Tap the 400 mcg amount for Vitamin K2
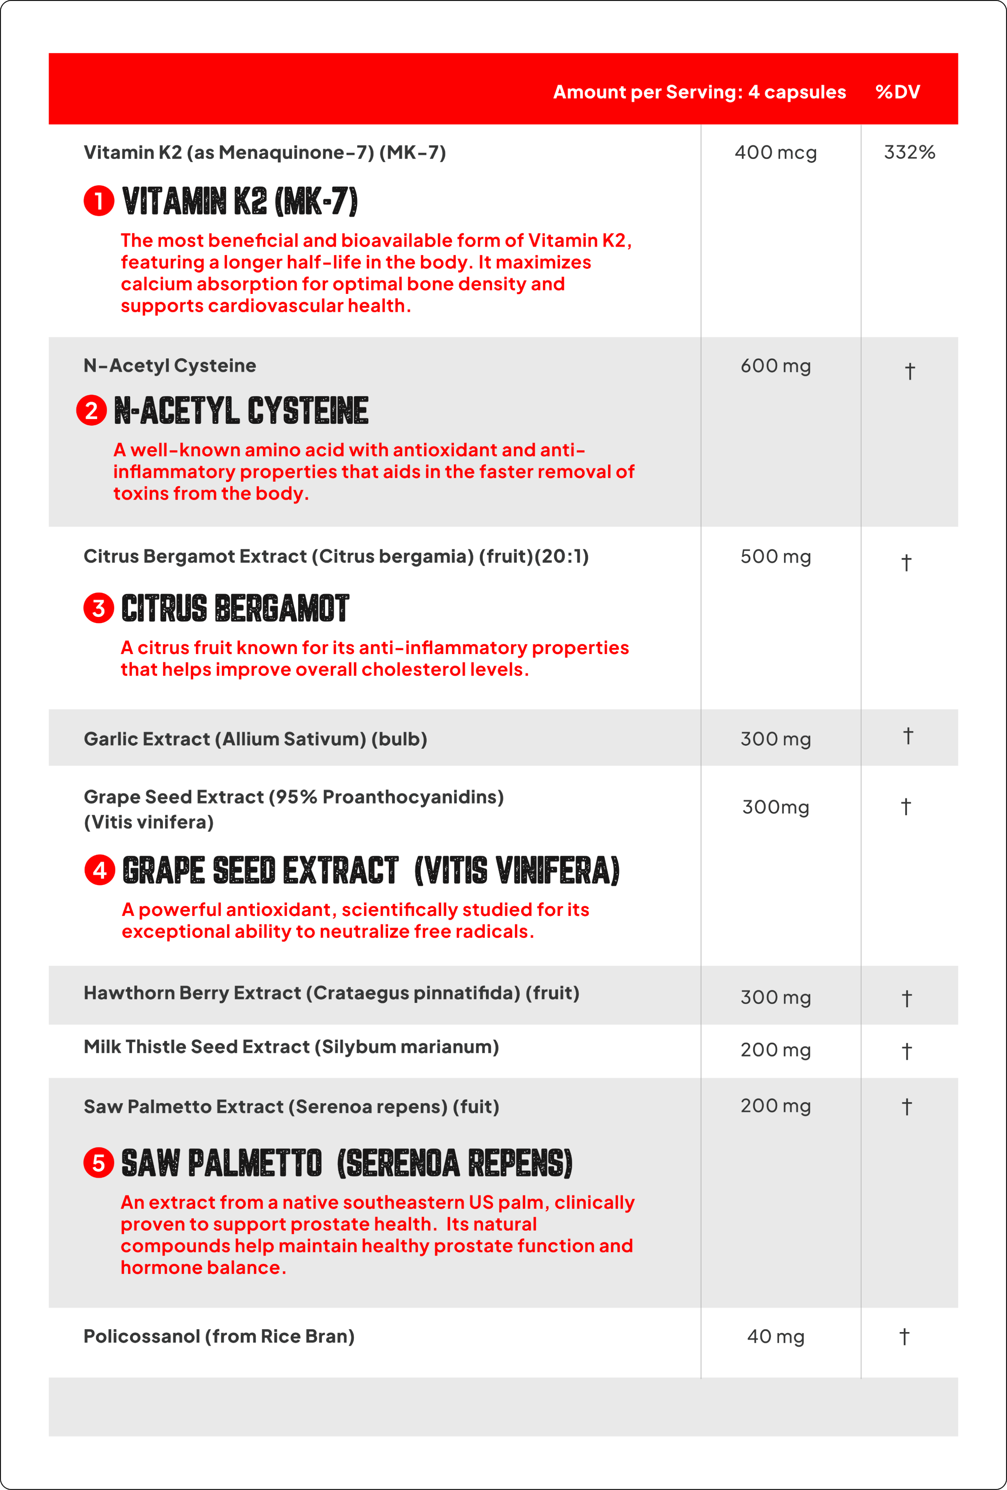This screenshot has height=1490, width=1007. click(776, 153)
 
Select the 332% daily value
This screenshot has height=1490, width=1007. click(909, 153)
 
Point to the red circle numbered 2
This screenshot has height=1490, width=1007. click(91, 410)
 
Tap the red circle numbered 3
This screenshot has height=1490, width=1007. click(99, 608)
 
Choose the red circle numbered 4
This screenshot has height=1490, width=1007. click(99, 870)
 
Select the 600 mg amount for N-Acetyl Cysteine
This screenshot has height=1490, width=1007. click(776, 366)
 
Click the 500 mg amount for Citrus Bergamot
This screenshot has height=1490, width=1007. click(776, 557)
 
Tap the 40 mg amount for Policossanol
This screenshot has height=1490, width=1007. click(776, 1337)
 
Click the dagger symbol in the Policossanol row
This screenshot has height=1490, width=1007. click(904, 1337)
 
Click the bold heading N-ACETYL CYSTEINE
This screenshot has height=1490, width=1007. click(241, 410)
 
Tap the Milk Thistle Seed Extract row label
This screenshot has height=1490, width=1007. click(291, 1047)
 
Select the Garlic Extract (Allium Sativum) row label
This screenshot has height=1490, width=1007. click(255, 739)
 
